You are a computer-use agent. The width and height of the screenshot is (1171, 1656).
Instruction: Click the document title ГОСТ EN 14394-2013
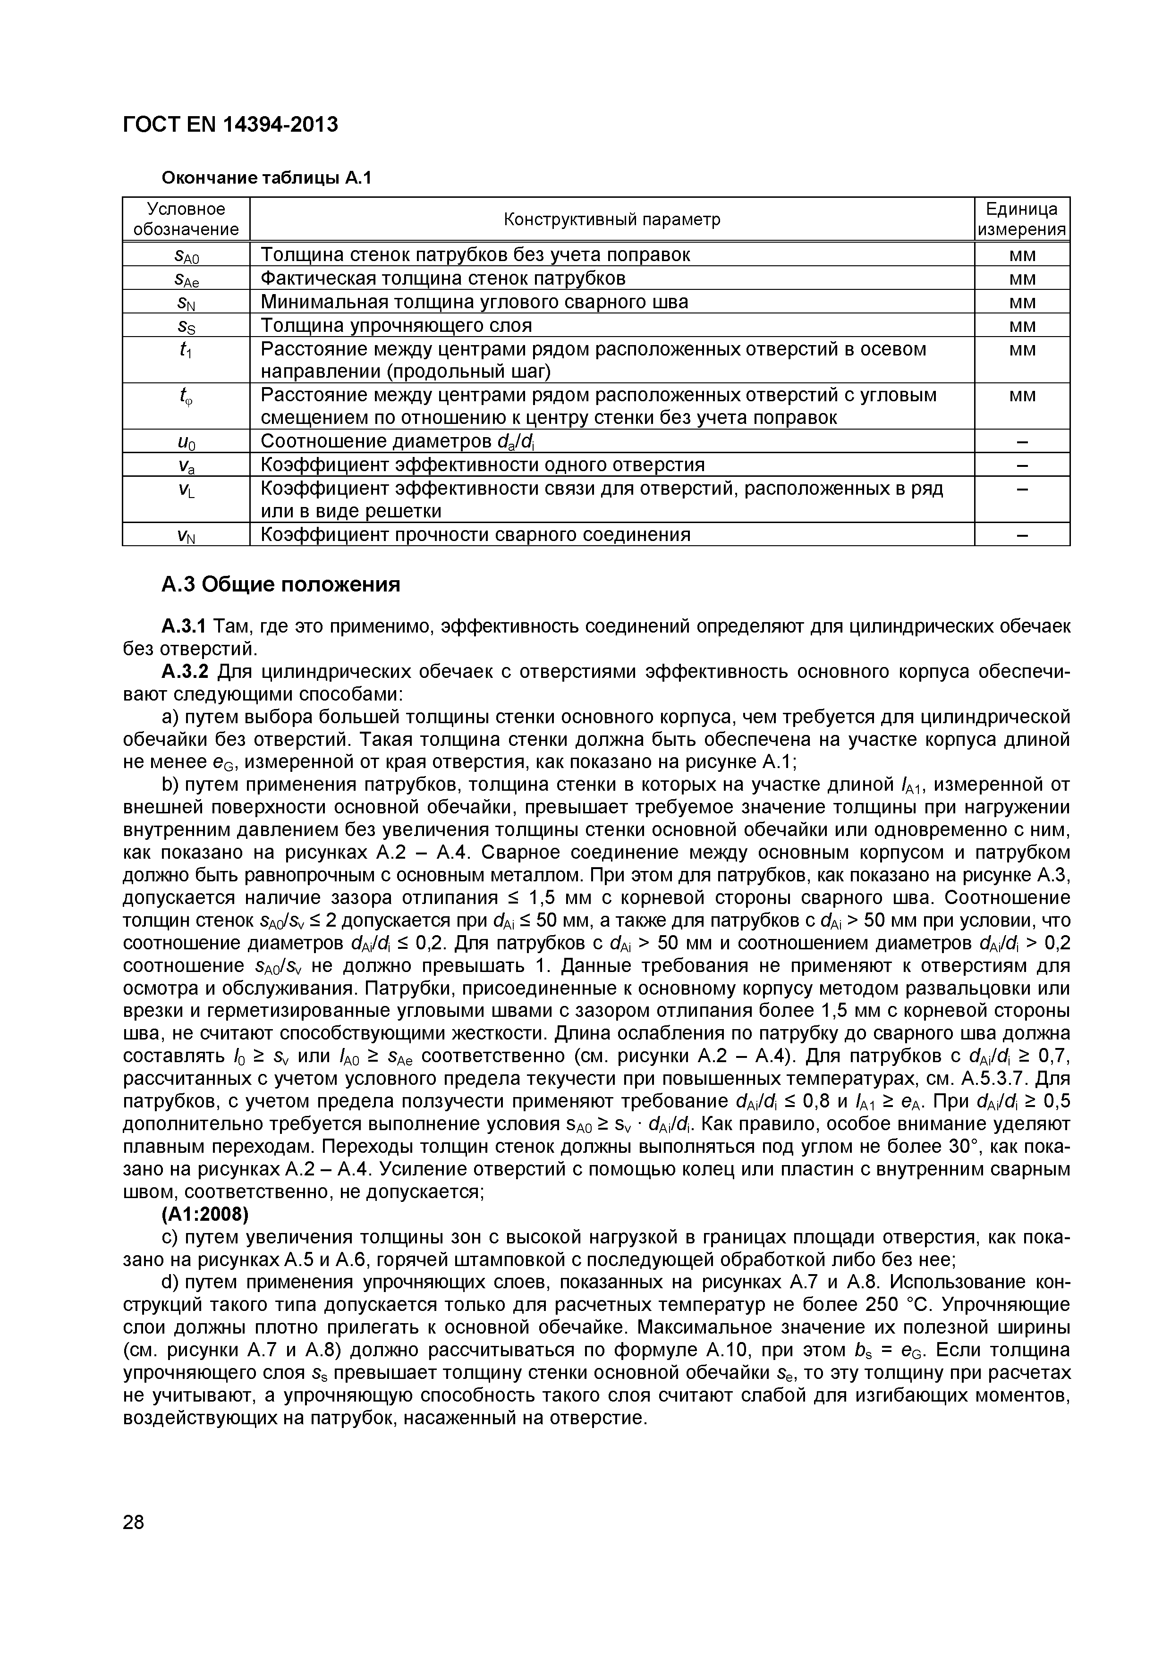pyautogui.click(x=230, y=125)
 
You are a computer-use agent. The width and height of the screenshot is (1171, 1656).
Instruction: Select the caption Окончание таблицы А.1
pyautogui.click(x=265, y=177)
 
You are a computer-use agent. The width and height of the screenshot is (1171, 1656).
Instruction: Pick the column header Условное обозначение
pyautogui.click(x=186, y=219)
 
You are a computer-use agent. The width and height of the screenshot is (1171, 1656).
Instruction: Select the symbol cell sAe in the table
pyautogui.click(x=186, y=279)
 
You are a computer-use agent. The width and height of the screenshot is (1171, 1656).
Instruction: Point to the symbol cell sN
pyautogui.click(x=186, y=302)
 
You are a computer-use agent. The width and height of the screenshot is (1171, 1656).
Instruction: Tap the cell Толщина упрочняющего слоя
pyautogui.click(x=396, y=325)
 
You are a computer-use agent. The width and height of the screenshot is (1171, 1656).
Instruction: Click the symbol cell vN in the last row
pyautogui.click(x=186, y=535)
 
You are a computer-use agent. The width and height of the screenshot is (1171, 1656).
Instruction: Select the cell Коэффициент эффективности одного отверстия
pyautogui.click(x=482, y=465)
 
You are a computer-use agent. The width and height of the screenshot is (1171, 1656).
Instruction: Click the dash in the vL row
pyautogui.click(x=1022, y=490)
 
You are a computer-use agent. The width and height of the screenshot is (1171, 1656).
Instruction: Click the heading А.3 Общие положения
pyautogui.click(x=280, y=584)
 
